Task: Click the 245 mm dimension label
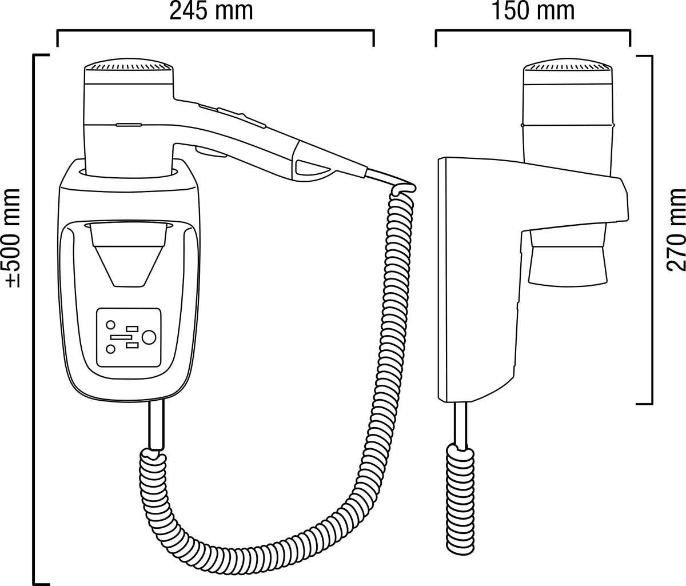pyautogui.click(x=211, y=11)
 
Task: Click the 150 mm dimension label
pyautogui.click(x=533, y=11)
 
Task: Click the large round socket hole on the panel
pyautogui.click(x=149, y=338)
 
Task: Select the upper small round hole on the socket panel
pyautogui.click(x=110, y=325)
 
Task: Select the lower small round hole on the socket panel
pyautogui.click(x=110, y=349)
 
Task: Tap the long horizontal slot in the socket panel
pyautogui.click(x=121, y=337)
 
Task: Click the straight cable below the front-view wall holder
pyautogui.click(x=156, y=426)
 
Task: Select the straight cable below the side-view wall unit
pyautogui.click(x=460, y=425)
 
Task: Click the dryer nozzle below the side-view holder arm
pyautogui.click(x=568, y=257)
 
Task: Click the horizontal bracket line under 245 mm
pyautogui.click(x=216, y=31)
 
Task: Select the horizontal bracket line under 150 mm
pyautogui.click(x=533, y=31)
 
